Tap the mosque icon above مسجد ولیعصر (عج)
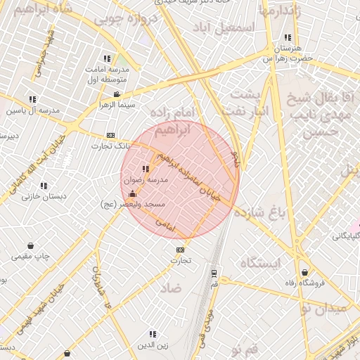(x=133, y=193)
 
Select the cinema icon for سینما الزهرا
(x=116, y=95)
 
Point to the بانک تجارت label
(x=106, y=146)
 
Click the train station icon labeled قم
(x=213, y=274)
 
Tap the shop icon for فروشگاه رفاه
(x=304, y=273)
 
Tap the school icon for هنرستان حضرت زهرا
(x=287, y=37)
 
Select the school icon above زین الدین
(x=153, y=334)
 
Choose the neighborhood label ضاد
(x=170, y=288)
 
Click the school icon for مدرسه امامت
(x=107, y=59)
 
